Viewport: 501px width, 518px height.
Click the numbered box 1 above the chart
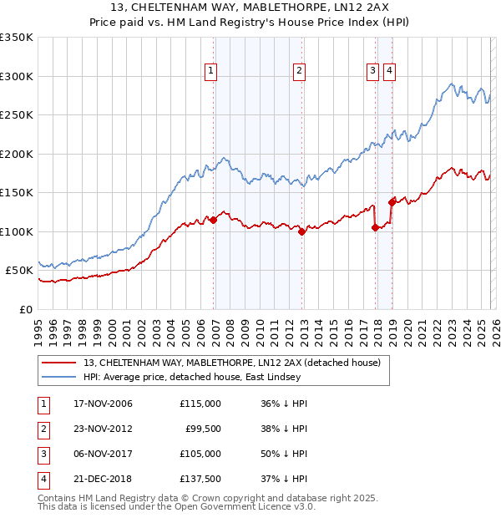point(210,72)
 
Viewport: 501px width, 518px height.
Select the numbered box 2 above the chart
point(298,72)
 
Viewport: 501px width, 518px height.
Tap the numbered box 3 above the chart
point(372,72)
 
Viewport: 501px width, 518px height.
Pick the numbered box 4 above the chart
point(389,72)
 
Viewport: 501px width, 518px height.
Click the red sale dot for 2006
point(214,220)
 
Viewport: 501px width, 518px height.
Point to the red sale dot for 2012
point(302,232)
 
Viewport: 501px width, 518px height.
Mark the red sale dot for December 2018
point(392,201)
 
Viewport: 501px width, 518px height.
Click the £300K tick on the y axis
point(17,76)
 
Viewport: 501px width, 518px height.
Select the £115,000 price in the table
point(200,404)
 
